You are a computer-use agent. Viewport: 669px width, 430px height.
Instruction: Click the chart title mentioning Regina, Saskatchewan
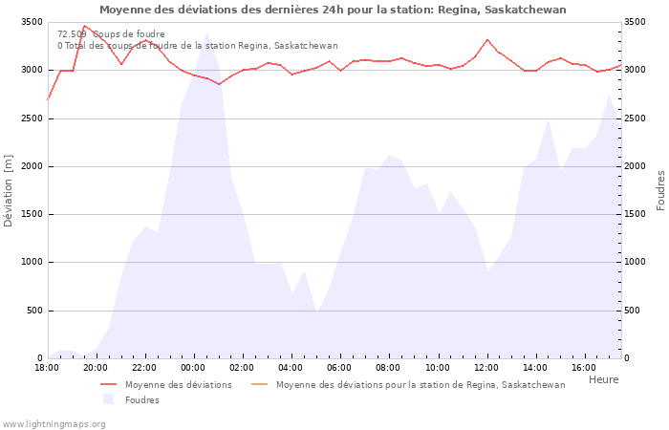[x=333, y=10]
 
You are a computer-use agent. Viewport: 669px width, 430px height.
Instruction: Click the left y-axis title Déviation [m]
[x=10, y=190]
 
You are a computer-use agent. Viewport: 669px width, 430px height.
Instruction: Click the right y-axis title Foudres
[x=659, y=190]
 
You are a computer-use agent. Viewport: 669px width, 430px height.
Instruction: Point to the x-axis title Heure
[x=603, y=379]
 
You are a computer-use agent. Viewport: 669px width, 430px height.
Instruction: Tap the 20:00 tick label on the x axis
[x=96, y=368]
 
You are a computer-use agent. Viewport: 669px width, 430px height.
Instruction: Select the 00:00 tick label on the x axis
[x=193, y=368]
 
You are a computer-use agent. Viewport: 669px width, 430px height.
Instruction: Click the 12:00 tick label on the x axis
[x=486, y=368]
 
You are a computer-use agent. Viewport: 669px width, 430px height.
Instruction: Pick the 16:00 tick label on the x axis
[x=584, y=368]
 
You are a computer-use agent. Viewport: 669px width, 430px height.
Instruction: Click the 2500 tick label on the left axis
[x=29, y=118]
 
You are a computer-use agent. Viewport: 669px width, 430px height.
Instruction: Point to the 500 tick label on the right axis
[x=636, y=311]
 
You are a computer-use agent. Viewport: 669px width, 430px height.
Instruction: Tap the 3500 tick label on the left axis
[x=29, y=22]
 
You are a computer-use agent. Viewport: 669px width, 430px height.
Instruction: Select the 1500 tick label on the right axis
[x=638, y=214]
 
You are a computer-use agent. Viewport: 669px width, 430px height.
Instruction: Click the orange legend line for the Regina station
[x=260, y=385]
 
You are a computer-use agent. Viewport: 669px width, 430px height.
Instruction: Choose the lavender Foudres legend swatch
[x=109, y=399]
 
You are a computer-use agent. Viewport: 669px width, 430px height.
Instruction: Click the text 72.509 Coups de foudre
[x=111, y=34]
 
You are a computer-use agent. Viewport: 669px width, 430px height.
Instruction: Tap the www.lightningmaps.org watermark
[x=54, y=423]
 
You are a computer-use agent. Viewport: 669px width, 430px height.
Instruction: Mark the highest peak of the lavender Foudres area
[x=205, y=33]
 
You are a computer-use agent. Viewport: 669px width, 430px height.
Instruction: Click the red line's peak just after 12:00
[x=487, y=39]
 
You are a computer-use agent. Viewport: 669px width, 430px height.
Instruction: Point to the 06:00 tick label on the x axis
[x=340, y=368]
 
